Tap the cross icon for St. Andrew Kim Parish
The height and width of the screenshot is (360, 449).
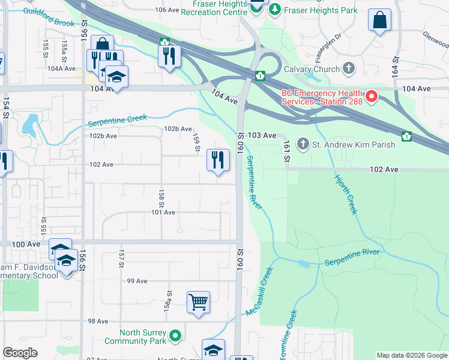(x=303, y=145)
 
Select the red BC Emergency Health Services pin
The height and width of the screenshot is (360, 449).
(x=372, y=96)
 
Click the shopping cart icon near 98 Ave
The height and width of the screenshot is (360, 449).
(x=198, y=302)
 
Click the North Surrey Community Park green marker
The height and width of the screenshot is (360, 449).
(x=175, y=335)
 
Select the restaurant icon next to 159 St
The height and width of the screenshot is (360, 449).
(x=217, y=160)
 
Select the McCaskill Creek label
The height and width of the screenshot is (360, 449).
(x=259, y=292)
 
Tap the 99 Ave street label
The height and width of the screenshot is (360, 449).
(x=137, y=281)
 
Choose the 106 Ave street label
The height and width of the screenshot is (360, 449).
(x=167, y=10)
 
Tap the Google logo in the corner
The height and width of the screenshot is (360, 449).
(x=20, y=353)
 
